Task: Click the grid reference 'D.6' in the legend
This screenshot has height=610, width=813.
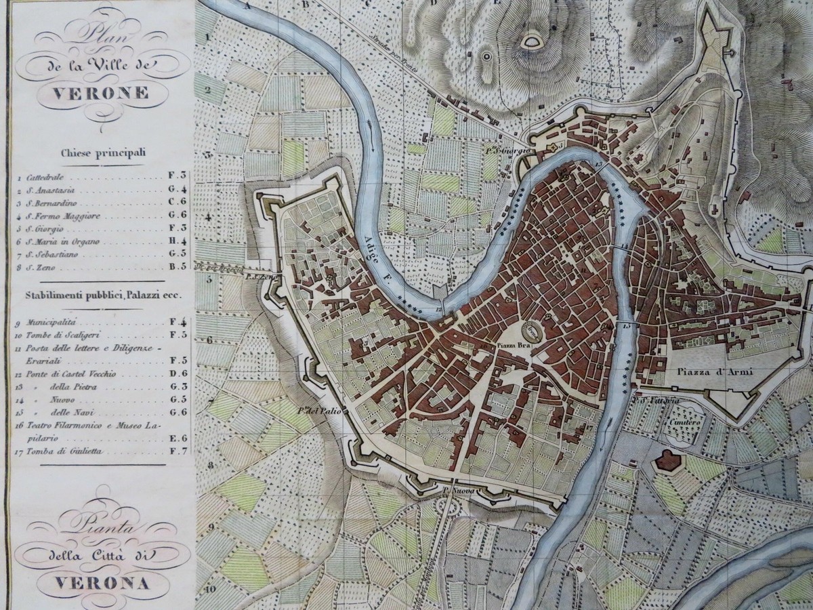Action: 178,373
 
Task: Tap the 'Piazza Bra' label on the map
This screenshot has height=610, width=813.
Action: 513,345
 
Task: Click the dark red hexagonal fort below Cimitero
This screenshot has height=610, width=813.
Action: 667,462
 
